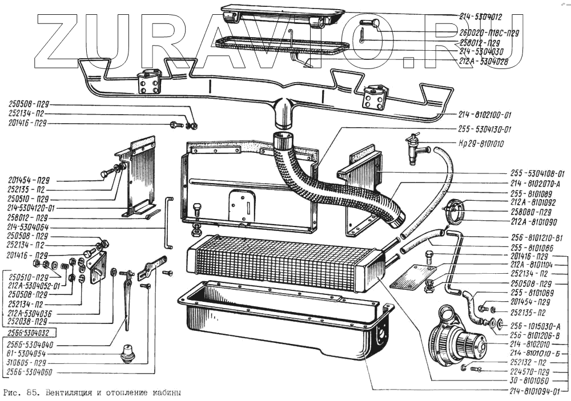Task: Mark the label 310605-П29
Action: [25, 363]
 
